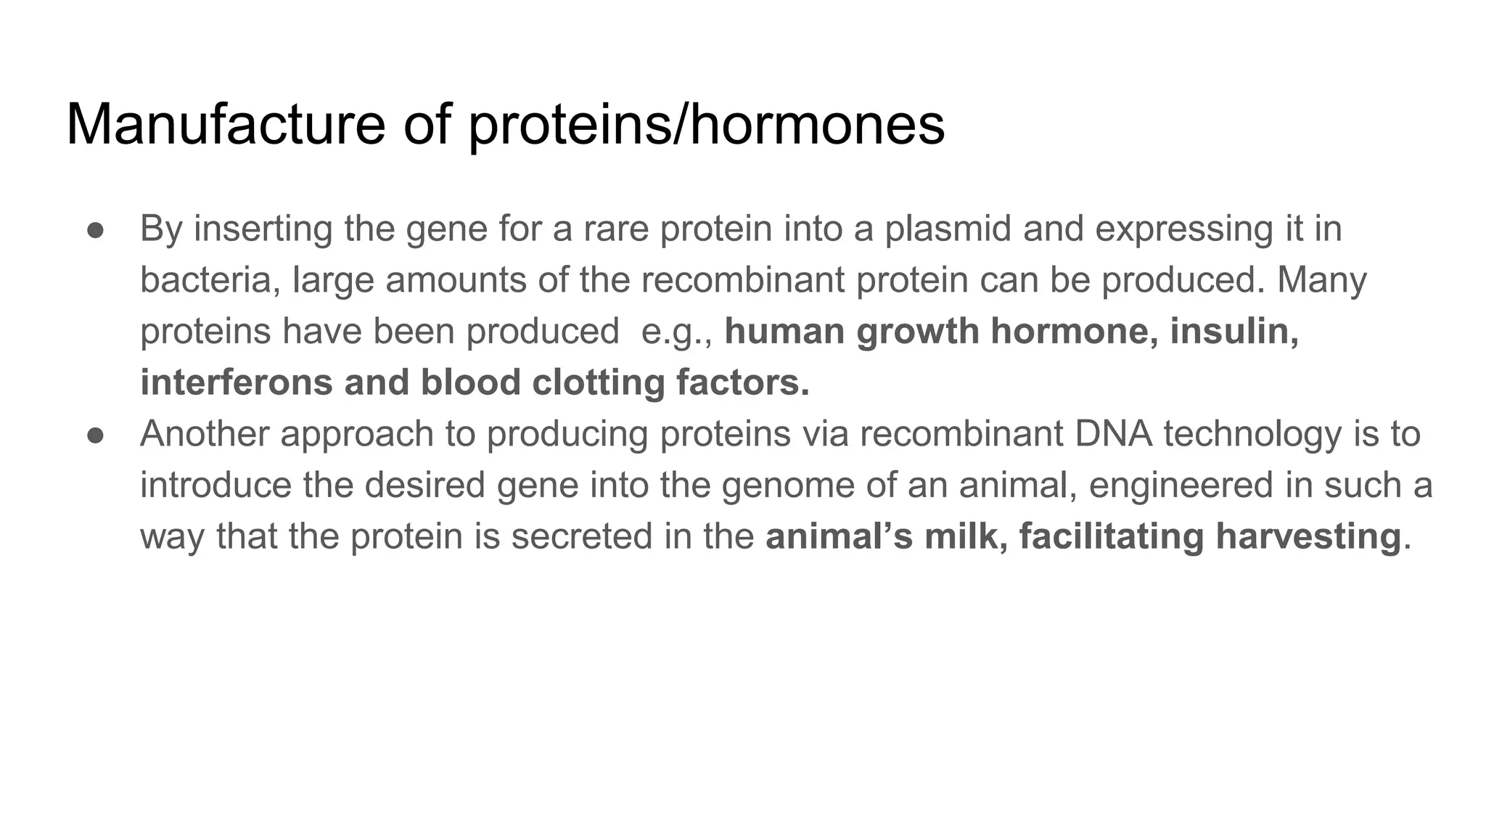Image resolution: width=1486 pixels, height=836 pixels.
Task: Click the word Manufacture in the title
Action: (x=225, y=125)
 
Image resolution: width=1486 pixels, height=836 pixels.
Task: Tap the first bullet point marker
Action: (x=96, y=230)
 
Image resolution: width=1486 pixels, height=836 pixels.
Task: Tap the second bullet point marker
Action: (x=96, y=435)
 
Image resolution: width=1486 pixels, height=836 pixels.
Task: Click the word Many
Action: (x=1321, y=280)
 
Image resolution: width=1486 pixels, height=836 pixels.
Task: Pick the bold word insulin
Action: (x=1233, y=331)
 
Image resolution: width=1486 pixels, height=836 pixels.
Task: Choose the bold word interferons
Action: (x=237, y=382)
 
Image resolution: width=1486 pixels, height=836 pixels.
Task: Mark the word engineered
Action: (x=1181, y=485)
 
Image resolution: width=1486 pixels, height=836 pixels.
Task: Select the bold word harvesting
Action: (x=1308, y=537)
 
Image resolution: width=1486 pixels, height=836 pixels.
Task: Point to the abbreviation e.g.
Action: (x=672, y=332)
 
